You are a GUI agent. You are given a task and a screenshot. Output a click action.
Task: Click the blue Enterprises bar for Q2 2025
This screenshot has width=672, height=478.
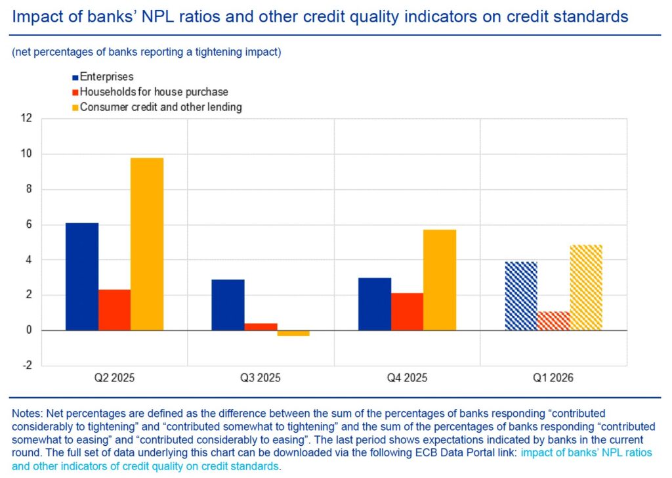[x=82, y=276]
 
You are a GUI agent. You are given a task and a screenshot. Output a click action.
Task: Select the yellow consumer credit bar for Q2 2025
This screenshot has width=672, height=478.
[x=147, y=244]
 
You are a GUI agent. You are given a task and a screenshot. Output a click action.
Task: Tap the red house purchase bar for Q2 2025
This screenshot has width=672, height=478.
[x=114, y=310]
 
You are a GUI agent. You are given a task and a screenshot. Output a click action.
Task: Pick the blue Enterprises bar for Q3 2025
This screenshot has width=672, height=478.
[x=228, y=305]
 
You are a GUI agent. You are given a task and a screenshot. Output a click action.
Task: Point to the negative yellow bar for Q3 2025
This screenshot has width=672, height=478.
[x=293, y=333]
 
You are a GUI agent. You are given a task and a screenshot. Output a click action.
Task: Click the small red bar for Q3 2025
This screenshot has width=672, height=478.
[x=261, y=327]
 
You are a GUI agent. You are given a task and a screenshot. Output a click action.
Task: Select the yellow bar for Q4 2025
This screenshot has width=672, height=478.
[x=440, y=280]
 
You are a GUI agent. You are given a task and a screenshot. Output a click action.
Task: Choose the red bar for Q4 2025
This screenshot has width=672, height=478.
[x=407, y=311]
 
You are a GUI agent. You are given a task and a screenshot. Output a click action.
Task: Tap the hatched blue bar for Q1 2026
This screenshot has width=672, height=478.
[x=521, y=295]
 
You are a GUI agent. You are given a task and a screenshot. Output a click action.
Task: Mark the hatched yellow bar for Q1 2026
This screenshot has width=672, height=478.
[x=586, y=288]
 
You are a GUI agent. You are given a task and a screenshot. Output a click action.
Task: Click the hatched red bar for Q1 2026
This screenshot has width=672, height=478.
[x=553, y=321]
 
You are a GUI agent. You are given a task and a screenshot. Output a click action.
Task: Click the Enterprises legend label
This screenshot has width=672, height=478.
[x=106, y=77]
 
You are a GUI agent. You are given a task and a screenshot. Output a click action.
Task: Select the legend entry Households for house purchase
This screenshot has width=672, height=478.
[x=154, y=92]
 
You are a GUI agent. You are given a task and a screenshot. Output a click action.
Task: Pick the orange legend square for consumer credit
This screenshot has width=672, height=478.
[x=75, y=107]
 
